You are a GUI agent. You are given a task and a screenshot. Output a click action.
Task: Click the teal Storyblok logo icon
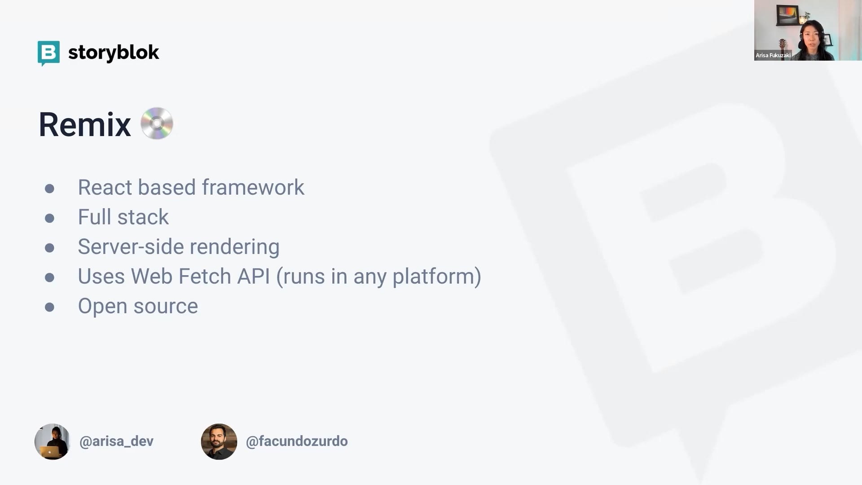(48, 53)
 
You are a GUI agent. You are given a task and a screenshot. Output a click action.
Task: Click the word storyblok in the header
(114, 53)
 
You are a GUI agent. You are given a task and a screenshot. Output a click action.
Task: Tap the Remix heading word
(85, 124)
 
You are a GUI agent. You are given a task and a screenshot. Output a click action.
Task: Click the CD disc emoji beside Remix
(157, 123)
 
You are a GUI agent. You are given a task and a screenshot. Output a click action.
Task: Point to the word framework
(253, 187)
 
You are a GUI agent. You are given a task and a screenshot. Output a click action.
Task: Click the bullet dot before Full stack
(49, 218)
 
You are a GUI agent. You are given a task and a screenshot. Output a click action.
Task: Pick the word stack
(143, 217)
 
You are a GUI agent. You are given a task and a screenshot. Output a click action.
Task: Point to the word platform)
(437, 277)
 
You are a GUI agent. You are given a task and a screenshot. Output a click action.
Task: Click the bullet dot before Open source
(49, 307)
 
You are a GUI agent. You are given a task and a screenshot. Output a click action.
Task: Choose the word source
(166, 307)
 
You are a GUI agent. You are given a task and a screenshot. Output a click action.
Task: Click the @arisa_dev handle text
(116, 441)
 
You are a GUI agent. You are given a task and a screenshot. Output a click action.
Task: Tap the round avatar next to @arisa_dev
(52, 441)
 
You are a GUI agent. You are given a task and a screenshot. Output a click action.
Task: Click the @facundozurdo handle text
(297, 441)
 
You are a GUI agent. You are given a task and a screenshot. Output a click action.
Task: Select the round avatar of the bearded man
(219, 441)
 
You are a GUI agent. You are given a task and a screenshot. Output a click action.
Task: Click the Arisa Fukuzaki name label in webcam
(773, 56)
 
